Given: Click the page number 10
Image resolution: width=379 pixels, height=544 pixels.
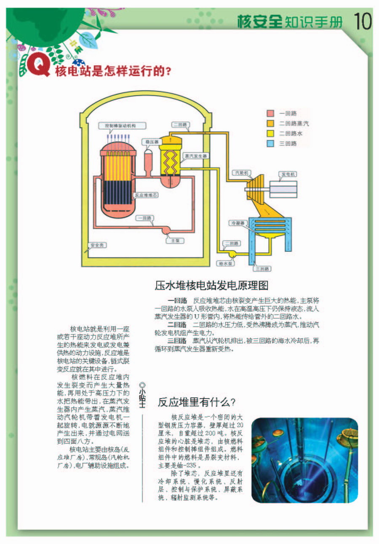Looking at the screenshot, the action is coord(363,21).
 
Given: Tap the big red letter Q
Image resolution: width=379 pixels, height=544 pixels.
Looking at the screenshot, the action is coord(38,64).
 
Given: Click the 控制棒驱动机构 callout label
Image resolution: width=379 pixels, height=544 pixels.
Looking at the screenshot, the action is coord(122,126).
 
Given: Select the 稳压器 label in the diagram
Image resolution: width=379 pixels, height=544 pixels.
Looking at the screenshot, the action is coord(152,142).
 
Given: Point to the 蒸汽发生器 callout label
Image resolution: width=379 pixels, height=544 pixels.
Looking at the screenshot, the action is coord(196,155).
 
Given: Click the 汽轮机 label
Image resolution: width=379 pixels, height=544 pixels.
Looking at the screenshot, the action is coord(241,173).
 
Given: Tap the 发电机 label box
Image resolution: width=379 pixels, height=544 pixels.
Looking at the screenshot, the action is coord(288,174).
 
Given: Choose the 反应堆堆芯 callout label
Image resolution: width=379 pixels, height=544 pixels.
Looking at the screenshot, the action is coord(146,195).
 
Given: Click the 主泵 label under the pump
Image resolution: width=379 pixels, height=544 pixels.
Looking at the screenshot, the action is coord(175,241).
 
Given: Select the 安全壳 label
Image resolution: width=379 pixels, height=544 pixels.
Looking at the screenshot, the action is coord(97,245).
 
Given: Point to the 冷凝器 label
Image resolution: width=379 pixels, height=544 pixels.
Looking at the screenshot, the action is coord(238,223).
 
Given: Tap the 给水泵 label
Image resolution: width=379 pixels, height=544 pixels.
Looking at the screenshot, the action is coord(225,263).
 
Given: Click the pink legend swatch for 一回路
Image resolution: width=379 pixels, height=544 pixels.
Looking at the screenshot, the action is coord(270,113).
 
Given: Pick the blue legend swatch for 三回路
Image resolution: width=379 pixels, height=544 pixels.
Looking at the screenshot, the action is coord(270,144).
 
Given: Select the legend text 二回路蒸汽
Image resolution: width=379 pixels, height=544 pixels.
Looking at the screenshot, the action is coord(294,123).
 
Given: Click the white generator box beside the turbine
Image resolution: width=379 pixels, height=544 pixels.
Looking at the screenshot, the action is coord(283,189).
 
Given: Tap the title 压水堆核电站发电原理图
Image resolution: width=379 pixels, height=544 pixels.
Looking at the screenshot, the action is coord(211,285).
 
